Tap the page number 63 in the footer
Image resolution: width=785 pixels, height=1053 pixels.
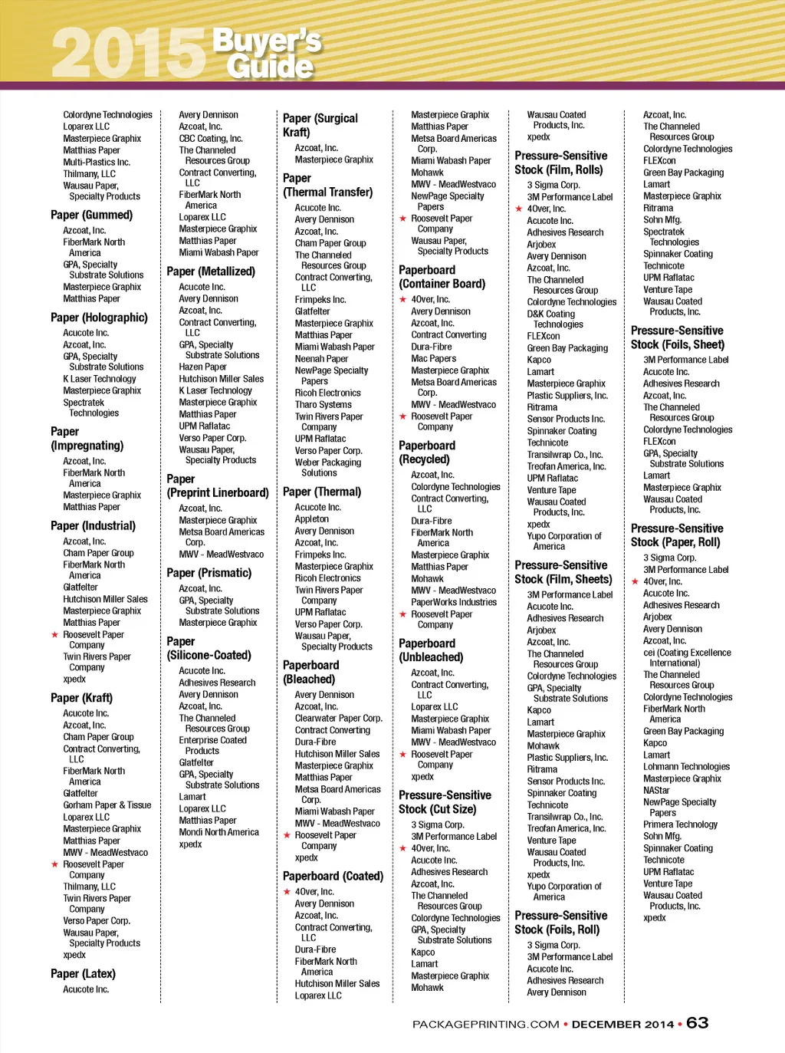(x=697, y=1022)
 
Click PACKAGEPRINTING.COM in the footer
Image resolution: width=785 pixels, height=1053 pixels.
(x=485, y=1024)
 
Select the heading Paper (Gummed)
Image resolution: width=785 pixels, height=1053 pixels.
(x=91, y=215)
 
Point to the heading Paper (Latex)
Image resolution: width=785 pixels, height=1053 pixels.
(x=83, y=973)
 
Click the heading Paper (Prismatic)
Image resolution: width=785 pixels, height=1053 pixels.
(x=209, y=573)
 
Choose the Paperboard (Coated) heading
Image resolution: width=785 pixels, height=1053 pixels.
(x=333, y=876)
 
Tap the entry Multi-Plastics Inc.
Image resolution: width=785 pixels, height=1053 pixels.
(x=97, y=162)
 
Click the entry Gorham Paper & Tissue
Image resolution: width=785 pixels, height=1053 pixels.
(x=107, y=805)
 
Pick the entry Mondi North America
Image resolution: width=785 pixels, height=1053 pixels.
(x=219, y=832)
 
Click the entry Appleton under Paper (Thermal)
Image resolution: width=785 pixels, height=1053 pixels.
(x=312, y=519)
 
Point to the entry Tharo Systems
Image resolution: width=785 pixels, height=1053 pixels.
(x=324, y=405)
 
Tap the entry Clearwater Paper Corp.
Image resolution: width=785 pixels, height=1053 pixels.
(x=338, y=719)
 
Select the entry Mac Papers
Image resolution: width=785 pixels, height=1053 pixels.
(x=434, y=358)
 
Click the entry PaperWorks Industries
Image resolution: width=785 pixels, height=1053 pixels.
(x=454, y=602)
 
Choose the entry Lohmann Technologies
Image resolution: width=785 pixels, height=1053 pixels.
(x=686, y=767)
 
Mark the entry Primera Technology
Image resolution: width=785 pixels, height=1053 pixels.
(x=680, y=824)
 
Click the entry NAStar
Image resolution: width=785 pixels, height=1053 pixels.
(x=656, y=790)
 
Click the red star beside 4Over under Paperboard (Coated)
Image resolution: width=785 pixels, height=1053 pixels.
(x=287, y=892)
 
